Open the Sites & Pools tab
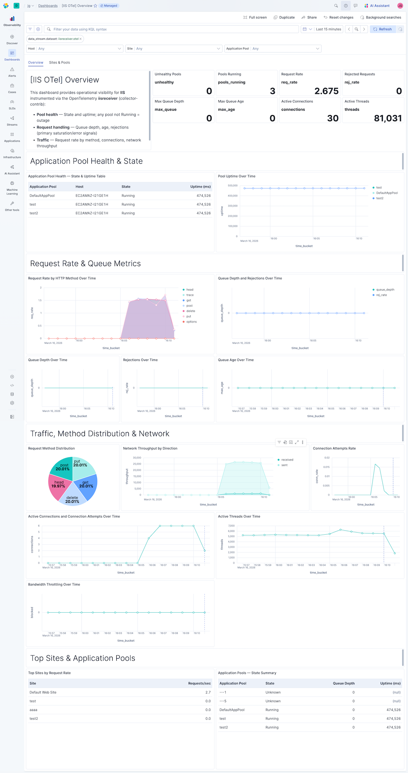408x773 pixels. (x=60, y=62)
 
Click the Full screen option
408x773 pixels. (x=255, y=17)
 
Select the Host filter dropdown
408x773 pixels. (x=74, y=49)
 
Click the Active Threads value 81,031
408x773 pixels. (x=387, y=118)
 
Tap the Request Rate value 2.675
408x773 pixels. (x=326, y=91)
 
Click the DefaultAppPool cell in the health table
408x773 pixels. (x=42, y=196)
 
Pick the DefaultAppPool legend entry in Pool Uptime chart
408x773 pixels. (x=387, y=193)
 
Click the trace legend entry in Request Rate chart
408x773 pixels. (x=190, y=295)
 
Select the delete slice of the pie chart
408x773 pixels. (x=72, y=498)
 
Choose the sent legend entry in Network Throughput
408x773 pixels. (x=284, y=465)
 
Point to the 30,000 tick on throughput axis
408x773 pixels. (x=137, y=458)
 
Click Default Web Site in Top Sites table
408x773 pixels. (x=43, y=692)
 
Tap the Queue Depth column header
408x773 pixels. (x=344, y=683)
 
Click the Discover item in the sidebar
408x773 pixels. (x=12, y=39)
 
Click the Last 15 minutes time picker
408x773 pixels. (x=328, y=29)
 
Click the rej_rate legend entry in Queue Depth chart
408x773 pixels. (x=381, y=295)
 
